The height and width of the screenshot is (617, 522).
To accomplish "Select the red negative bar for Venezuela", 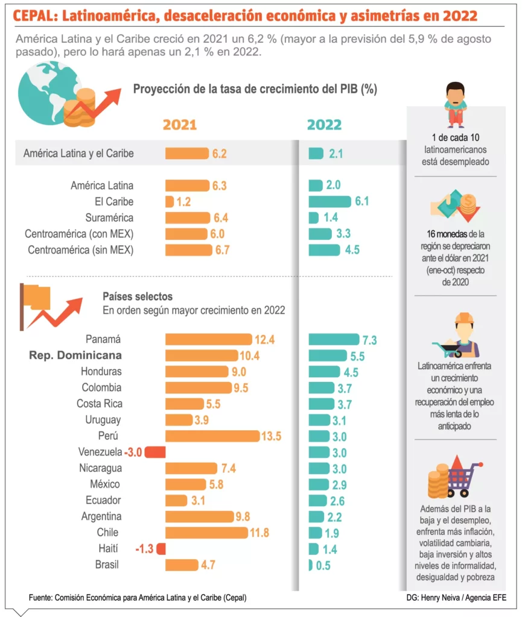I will (x=154, y=452).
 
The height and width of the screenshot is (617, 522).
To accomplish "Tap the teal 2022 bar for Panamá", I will (x=334, y=339).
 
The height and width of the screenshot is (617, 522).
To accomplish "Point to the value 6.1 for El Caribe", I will (x=362, y=201).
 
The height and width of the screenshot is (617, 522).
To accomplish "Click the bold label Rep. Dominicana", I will (x=75, y=355).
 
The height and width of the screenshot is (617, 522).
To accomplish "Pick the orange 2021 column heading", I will (x=180, y=125).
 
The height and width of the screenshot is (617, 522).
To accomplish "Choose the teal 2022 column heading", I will (x=325, y=125).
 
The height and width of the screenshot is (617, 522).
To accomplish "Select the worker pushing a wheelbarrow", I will (x=456, y=337).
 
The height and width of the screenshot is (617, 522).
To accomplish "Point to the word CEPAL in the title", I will (x=36, y=15).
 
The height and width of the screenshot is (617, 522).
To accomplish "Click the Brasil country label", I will (x=108, y=565).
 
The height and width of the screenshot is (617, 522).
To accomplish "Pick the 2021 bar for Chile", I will (x=206, y=533).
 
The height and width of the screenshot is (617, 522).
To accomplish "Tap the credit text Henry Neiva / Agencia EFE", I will (x=465, y=597).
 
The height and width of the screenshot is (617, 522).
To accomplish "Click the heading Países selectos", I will (x=138, y=296).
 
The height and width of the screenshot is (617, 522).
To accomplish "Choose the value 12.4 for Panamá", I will (x=264, y=340).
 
